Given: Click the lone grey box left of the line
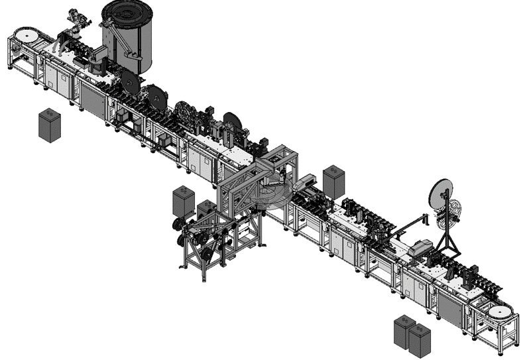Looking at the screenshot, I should click(x=48, y=125).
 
